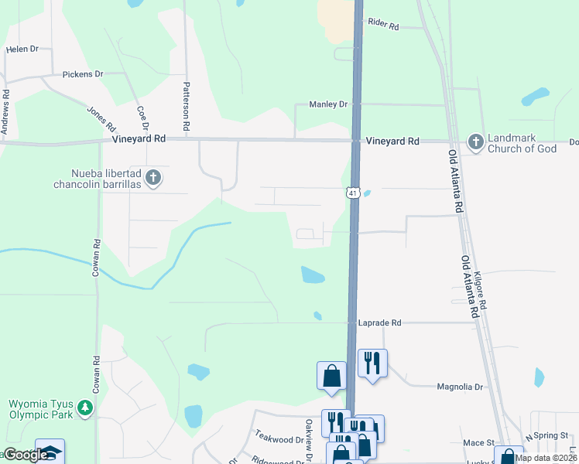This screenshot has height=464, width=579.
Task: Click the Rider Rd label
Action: coord(383,26)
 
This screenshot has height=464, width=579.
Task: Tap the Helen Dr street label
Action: coord(22,49)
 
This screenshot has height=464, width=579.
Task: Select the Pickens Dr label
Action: coord(83,74)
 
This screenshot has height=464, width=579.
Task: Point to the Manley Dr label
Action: coord(328,104)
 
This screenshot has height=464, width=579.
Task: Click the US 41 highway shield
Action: coord(352,193)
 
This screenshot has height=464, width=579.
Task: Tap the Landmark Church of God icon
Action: coord(475,142)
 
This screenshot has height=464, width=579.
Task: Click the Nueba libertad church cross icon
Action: coord(153,178)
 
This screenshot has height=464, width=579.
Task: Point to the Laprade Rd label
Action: coord(380,322)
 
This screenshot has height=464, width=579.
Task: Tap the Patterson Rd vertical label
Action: coord(187,104)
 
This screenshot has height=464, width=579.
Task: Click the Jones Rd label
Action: coord(101,118)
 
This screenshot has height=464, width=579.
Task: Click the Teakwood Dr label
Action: coord(279,438)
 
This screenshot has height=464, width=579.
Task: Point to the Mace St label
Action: coord(478,442)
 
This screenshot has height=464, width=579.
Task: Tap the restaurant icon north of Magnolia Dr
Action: coord(372,362)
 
